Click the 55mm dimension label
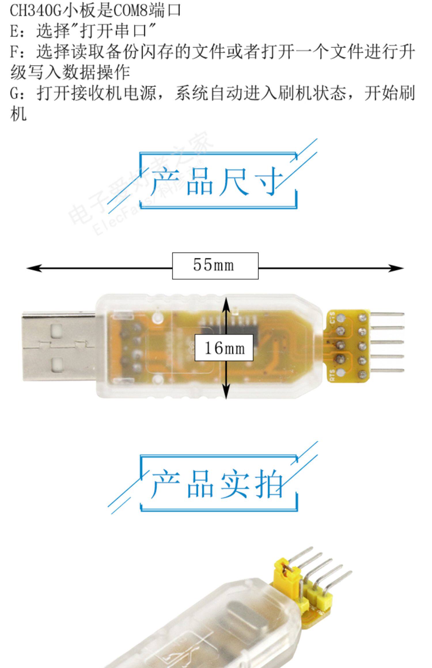click(215, 266)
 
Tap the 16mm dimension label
click(224, 348)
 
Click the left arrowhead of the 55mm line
click(33, 268)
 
